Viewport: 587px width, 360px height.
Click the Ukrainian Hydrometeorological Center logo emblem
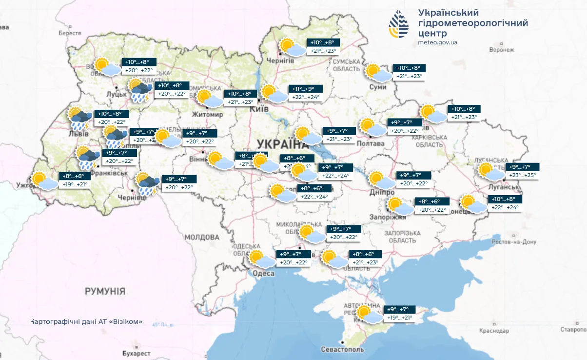(398, 24)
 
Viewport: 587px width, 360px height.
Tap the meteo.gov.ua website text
(437, 42)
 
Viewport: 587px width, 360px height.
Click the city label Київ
(259, 109)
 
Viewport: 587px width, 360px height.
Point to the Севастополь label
(342, 350)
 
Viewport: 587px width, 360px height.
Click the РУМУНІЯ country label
(105, 291)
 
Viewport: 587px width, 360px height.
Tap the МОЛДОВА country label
(202, 237)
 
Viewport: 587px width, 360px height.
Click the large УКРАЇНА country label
(280, 143)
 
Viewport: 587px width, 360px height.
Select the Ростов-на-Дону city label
(514, 242)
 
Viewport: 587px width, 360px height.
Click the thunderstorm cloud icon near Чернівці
(147, 183)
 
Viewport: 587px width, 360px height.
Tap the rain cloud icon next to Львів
(79, 119)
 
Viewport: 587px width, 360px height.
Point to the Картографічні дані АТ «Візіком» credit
(86, 321)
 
